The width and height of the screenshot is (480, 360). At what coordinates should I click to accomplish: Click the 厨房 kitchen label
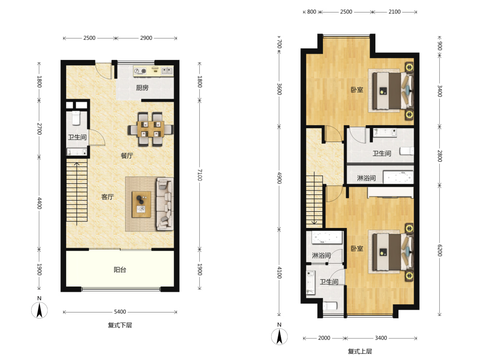tap(143, 88)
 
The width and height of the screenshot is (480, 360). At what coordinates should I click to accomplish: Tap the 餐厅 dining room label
tap(127, 156)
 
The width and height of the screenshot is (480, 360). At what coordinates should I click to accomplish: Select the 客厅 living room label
tap(108, 197)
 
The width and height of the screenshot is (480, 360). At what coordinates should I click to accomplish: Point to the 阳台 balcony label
tap(120, 270)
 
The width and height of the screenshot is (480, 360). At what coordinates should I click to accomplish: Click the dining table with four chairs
tap(151, 129)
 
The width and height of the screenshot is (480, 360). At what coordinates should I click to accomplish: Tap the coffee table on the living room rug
tap(142, 204)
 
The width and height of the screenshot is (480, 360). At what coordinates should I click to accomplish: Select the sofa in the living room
tap(165, 204)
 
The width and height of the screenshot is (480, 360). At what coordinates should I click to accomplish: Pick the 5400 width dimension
tap(120, 312)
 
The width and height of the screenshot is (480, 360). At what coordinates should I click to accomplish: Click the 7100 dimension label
tap(200, 175)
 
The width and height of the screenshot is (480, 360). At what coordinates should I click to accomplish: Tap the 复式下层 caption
tap(120, 325)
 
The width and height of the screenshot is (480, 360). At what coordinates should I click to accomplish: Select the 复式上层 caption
tap(360, 351)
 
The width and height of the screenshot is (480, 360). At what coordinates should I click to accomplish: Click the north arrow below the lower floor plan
tap(39, 310)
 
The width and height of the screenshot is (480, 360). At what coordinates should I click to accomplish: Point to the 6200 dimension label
tap(440, 251)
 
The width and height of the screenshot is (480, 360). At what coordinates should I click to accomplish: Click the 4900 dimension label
tap(279, 178)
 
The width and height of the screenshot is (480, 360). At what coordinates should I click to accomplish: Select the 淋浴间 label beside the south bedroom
tap(321, 255)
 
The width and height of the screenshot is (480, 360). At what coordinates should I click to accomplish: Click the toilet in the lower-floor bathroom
tap(76, 118)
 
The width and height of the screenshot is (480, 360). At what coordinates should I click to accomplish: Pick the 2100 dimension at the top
tap(395, 12)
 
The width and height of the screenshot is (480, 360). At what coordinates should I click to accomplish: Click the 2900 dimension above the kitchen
tap(146, 38)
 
